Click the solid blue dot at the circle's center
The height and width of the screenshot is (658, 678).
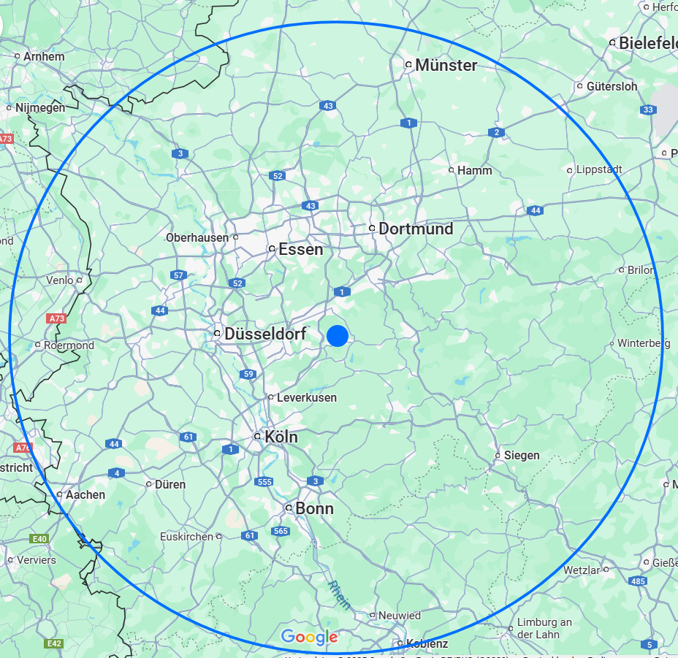[x=337, y=335]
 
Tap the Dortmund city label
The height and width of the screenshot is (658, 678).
[x=416, y=229]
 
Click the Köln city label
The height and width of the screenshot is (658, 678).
[x=281, y=436]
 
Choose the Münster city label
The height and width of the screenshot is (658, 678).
[x=446, y=65]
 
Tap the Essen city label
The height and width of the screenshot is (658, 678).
[x=300, y=249]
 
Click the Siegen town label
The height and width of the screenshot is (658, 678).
[x=522, y=455]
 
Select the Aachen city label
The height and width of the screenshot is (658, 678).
[x=85, y=494]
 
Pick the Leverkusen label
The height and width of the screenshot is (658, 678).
[x=307, y=397]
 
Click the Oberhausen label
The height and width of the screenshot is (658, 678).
[x=197, y=237]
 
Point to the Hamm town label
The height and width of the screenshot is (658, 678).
[x=474, y=170]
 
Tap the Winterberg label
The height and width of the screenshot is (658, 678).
[x=644, y=343]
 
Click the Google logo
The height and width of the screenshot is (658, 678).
[x=309, y=638]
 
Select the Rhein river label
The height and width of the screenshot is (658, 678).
[x=338, y=595]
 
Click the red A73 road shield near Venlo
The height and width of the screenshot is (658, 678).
[x=56, y=318]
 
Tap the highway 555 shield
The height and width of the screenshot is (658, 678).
[x=264, y=481]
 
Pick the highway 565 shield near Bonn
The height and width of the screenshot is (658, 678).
[x=281, y=531]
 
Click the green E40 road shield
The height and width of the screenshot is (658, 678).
[x=39, y=539]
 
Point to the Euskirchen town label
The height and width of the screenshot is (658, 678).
[x=186, y=536]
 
